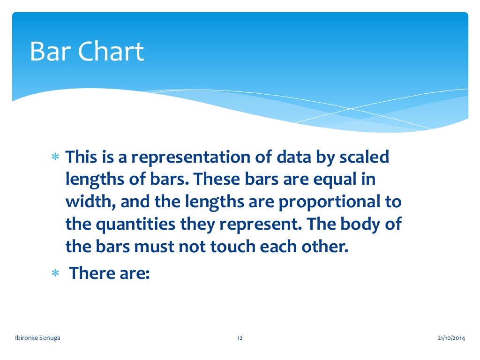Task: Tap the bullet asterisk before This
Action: [x=54, y=158]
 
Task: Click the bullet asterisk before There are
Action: [x=54, y=273]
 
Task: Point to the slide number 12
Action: [x=240, y=338]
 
